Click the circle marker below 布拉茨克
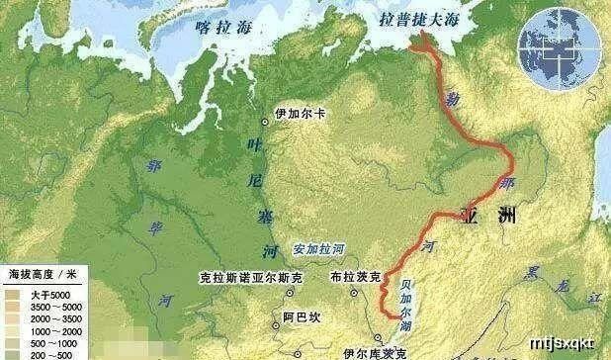click(x=354, y=293)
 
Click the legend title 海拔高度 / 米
click(x=39, y=271)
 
